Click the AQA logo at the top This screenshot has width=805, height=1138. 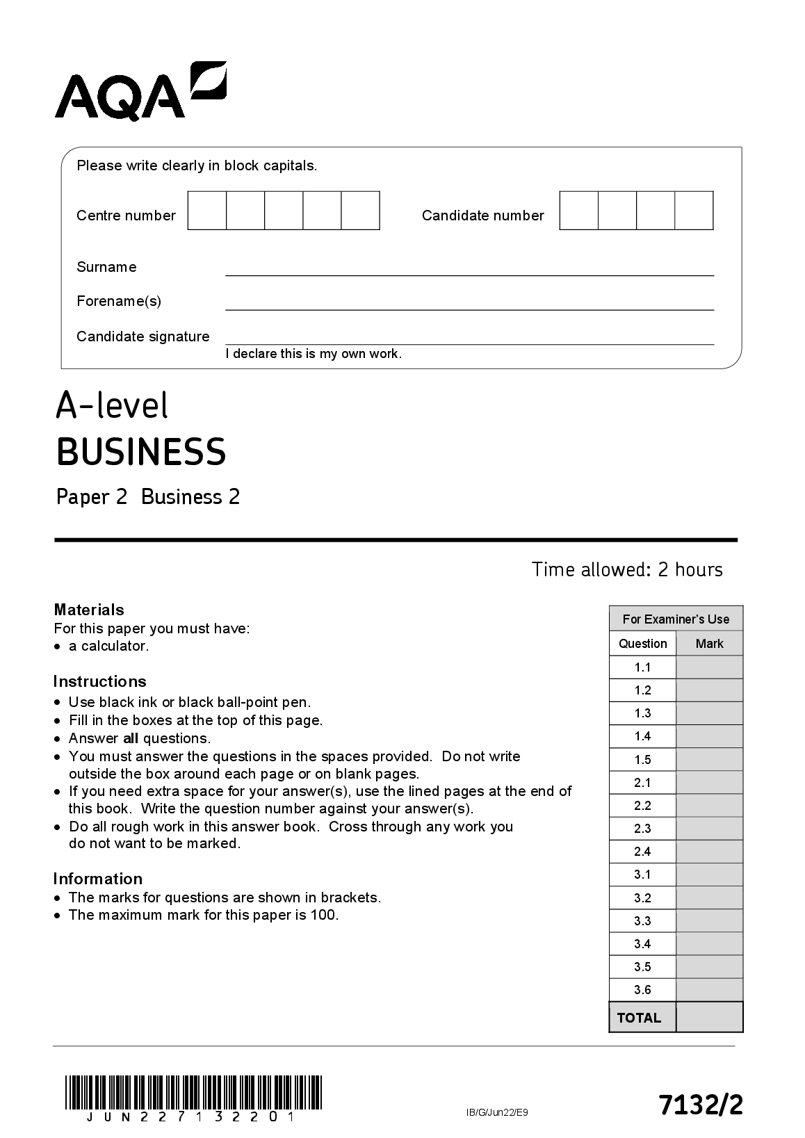pyautogui.click(x=140, y=91)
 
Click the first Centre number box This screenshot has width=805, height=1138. pyautogui.click(x=207, y=211)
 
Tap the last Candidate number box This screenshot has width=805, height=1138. pyautogui.click(x=694, y=211)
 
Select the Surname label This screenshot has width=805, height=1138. pyautogui.click(x=106, y=267)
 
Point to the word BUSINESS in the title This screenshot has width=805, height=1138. pyautogui.click(x=141, y=452)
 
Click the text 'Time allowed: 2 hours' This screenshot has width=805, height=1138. pyautogui.click(x=627, y=569)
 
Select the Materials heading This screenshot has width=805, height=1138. pyautogui.click(x=89, y=610)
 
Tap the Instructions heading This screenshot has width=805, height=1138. pyautogui.click(x=99, y=681)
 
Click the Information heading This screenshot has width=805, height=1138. pyautogui.click(x=97, y=879)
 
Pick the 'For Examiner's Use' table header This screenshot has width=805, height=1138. pyautogui.click(x=676, y=619)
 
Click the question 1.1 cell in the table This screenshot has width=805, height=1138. pyautogui.click(x=642, y=667)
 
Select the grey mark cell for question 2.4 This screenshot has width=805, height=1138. pyautogui.click(x=709, y=852)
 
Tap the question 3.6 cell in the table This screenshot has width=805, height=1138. pyautogui.click(x=642, y=990)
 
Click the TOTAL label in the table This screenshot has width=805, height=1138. pyautogui.click(x=639, y=1018)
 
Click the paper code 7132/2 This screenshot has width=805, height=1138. pyautogui.click(x=701, y=1104)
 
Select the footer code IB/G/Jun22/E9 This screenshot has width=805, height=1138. pyautogui.click(x=497, y=1113)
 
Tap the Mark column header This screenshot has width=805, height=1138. pyautogui.click(x=709, y=644)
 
